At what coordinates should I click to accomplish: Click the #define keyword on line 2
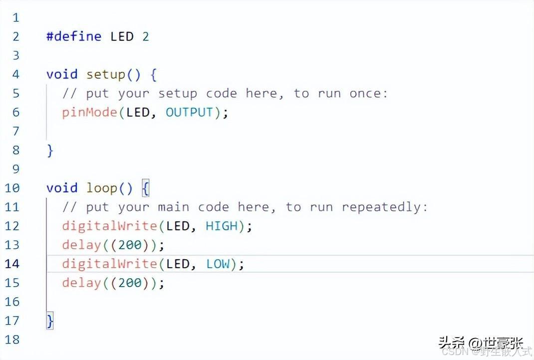pos(74,36)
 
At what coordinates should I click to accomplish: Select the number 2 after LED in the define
pos(145,36)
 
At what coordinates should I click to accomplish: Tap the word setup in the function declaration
pos(106,74)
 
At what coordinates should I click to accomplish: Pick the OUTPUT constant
pos(190,112)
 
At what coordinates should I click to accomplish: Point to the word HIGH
pos(222,226)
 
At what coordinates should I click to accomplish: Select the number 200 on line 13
pos(130,245)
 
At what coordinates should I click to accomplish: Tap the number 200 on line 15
pos(130,283)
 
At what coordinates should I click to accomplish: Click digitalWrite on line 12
pos(110,226)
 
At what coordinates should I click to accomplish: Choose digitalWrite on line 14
pos(110,264)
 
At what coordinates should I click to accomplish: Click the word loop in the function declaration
pos(102,188)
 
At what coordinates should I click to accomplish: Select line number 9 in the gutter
pos(15,169)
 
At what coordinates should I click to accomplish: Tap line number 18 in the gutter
pos(12,340)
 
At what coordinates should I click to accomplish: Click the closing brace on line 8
pos(50,150)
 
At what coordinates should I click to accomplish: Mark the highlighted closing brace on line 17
pos(50,321)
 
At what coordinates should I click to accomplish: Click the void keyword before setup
pos(62,74)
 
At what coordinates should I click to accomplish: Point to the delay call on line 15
pos(81,283)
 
